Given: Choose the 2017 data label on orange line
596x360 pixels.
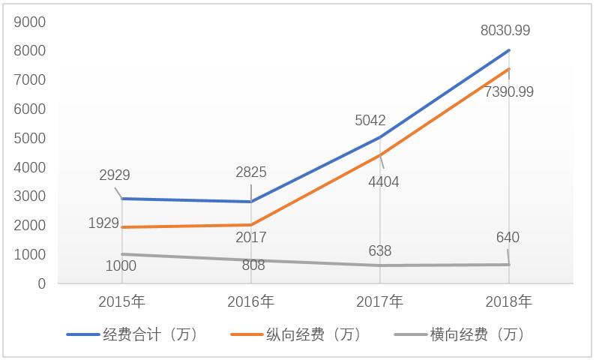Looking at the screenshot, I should (250, 238).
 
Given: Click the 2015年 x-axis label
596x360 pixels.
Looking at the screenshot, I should (122, 302).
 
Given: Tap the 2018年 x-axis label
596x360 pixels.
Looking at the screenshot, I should (509, 302).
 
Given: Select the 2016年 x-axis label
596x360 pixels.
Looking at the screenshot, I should (250, 302).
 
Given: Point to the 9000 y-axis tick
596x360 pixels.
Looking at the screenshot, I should (31, 22).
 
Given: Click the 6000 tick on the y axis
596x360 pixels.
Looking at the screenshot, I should (31, 109).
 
